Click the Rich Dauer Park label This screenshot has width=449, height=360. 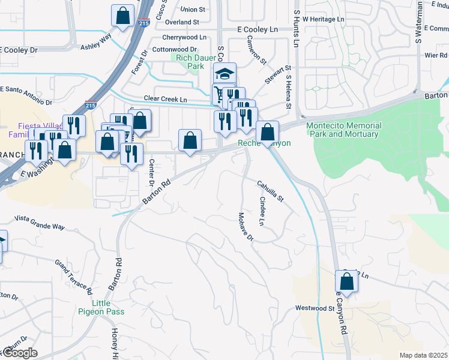[x=191, y=62]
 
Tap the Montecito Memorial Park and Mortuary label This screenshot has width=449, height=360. [x=343, y=130]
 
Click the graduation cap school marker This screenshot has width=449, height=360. [x=226, y=74]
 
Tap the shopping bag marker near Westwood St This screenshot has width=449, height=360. [x=346, y=281]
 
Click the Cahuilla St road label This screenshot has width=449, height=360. [x=270, y=191]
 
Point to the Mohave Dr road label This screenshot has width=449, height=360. [x=246, y=226]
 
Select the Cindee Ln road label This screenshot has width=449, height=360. [x=262, y=211]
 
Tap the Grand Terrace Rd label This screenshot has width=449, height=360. [x=73, y=277]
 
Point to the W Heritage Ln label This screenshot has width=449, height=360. [x=324, y=19]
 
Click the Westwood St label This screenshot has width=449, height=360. [x=315, y=308]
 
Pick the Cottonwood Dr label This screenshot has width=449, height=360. [x=175, y=49]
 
